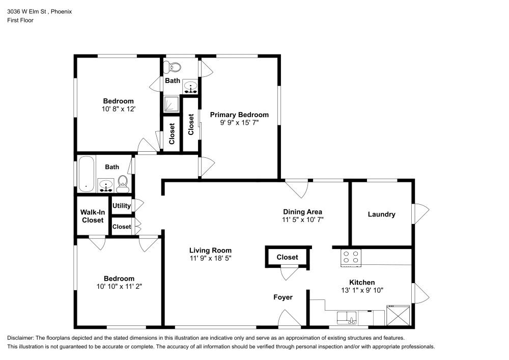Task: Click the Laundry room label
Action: tap(381, 214)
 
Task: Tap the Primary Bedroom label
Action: tap(239, 115)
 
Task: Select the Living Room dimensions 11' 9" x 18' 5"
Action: tap(210, 258)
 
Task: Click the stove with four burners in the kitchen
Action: tap(351, 258)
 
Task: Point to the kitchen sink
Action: tap(347, 318)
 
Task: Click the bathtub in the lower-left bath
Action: tap(87, 174)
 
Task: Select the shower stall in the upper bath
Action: tap(171, 104)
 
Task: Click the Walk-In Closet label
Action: tap(93, 216)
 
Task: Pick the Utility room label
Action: tap(122, 206)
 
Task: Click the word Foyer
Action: tap(282, 297)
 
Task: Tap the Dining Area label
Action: tap(302, 212)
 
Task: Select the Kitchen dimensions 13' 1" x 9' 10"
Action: tap(362, 290)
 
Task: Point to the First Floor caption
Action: tap(20, 20)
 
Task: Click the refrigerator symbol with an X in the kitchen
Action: tap(398, 315)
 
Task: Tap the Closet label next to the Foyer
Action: tap(287, 258)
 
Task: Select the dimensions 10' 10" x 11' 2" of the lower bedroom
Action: tap(119, 287)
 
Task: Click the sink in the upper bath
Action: tap(190, 87)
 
